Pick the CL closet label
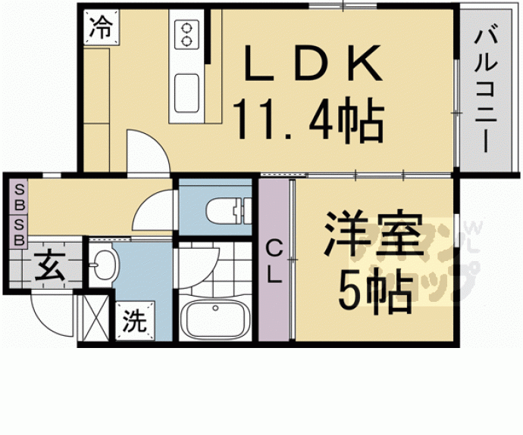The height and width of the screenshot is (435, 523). (274, 261)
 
